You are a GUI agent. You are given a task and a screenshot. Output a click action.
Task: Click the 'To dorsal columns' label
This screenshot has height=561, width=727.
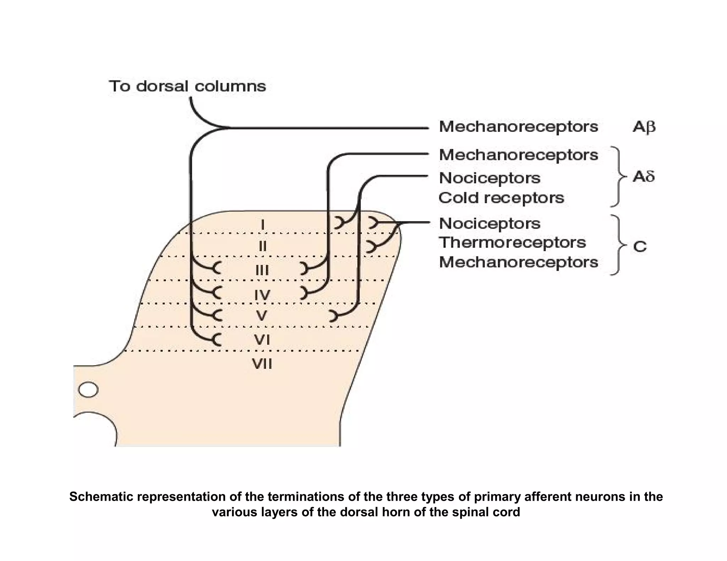[187, 86]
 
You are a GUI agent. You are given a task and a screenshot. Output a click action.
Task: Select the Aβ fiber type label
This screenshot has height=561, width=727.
[644, 127]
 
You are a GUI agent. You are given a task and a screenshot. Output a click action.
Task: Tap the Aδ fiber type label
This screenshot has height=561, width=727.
[643, 176]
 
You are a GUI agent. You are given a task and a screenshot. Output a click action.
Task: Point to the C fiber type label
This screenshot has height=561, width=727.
[640, 246]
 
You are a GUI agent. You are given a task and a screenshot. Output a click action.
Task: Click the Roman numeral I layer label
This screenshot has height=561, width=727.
[262, 224]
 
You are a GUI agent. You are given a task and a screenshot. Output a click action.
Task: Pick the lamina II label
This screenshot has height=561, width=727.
[262, 246]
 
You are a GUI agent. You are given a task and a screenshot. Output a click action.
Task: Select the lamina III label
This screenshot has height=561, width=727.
[262, 271]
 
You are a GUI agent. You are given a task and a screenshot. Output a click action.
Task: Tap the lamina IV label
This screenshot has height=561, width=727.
[262, 294]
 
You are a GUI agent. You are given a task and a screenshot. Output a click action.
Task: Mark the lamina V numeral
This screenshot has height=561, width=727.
[262, 315]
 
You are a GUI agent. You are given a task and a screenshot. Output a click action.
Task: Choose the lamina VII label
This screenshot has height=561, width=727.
[262, 364]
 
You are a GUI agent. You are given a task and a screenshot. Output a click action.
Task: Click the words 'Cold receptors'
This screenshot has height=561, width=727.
[501, 198]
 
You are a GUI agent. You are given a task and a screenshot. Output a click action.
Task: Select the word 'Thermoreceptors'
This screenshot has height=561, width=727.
[512, 243]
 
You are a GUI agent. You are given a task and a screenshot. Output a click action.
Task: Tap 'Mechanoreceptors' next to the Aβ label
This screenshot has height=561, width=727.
[518, 127]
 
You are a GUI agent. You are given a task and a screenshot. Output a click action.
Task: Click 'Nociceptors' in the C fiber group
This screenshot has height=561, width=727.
[490, 223]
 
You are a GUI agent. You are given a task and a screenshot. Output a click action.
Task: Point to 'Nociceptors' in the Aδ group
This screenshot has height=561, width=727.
[490, 178]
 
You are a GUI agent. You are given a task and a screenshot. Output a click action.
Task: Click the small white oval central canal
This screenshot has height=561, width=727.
[88, 390]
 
